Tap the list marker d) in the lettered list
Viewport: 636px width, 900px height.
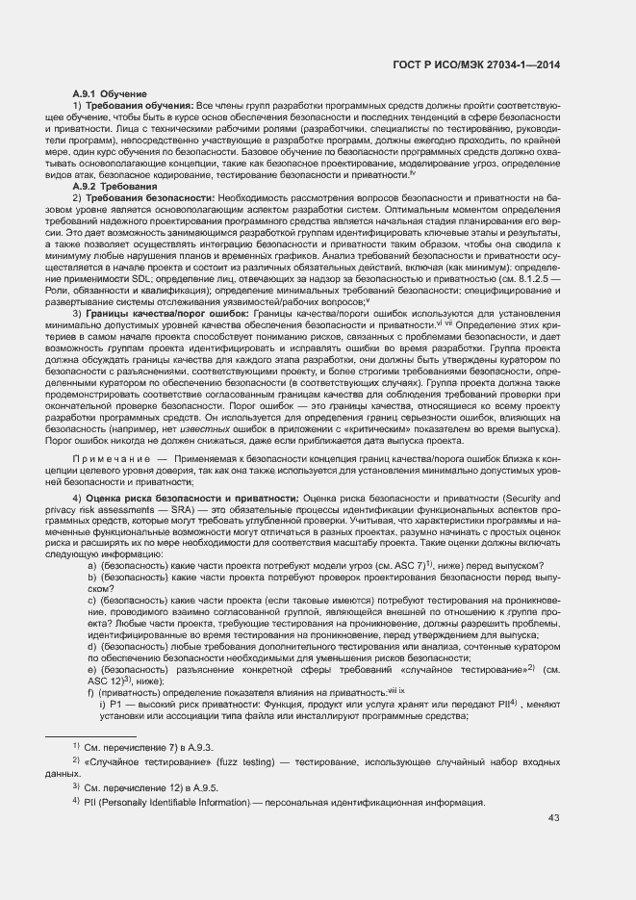92,648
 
